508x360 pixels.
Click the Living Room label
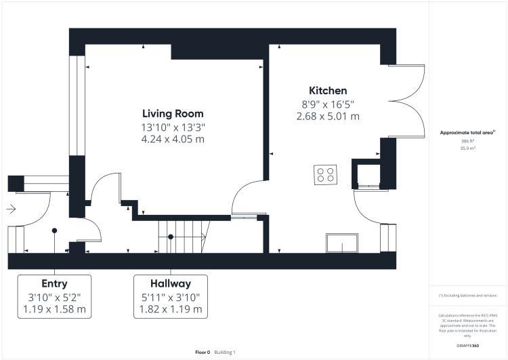click(x=172, y=113)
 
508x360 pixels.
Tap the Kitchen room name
click(x=328, y=90)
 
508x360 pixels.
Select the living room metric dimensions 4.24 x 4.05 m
click(x=172, y=140)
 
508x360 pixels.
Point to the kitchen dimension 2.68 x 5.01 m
click(x=328, y=117)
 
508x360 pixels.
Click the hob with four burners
click(x=326, y=175)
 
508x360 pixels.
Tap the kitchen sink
click(x=343, y=243)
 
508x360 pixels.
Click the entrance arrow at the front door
click(x=11, y=210)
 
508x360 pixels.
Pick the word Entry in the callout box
click(x=54, y=283)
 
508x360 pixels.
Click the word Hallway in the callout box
click(x=171, y=283)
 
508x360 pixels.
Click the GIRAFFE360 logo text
click(x=468, y=346)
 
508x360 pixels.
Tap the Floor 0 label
click(x=203, y=353)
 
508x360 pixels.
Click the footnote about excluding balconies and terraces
click(x=468, y=296)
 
